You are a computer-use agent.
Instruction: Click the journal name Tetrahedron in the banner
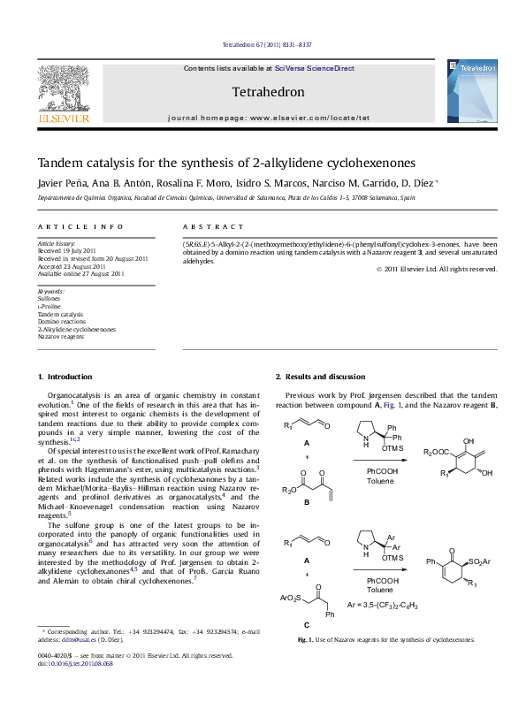tap(267, 92)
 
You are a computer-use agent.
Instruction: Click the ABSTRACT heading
tap(213, 227)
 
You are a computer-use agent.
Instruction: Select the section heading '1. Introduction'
tap(66, 378)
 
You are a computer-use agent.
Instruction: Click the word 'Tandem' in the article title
tap(58, 163)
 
